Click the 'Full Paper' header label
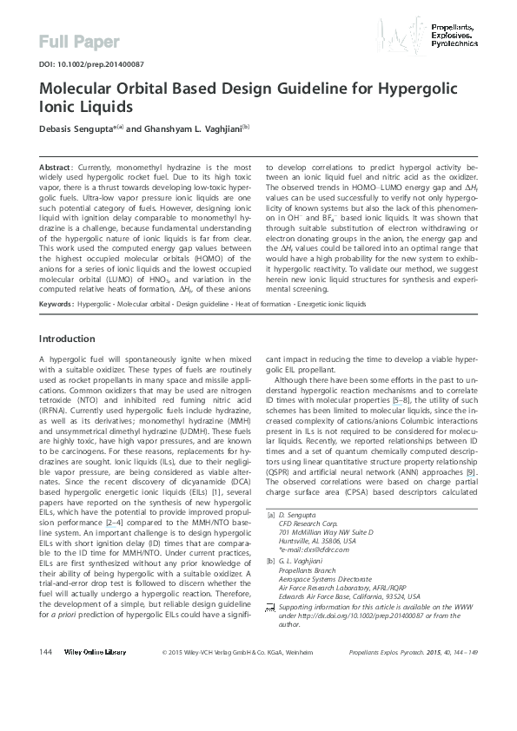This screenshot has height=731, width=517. click(x=71, y=41)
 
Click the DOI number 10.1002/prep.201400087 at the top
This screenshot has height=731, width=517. click(x=90, y=64)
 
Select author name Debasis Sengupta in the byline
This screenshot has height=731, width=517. click(x=81, y=127)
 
